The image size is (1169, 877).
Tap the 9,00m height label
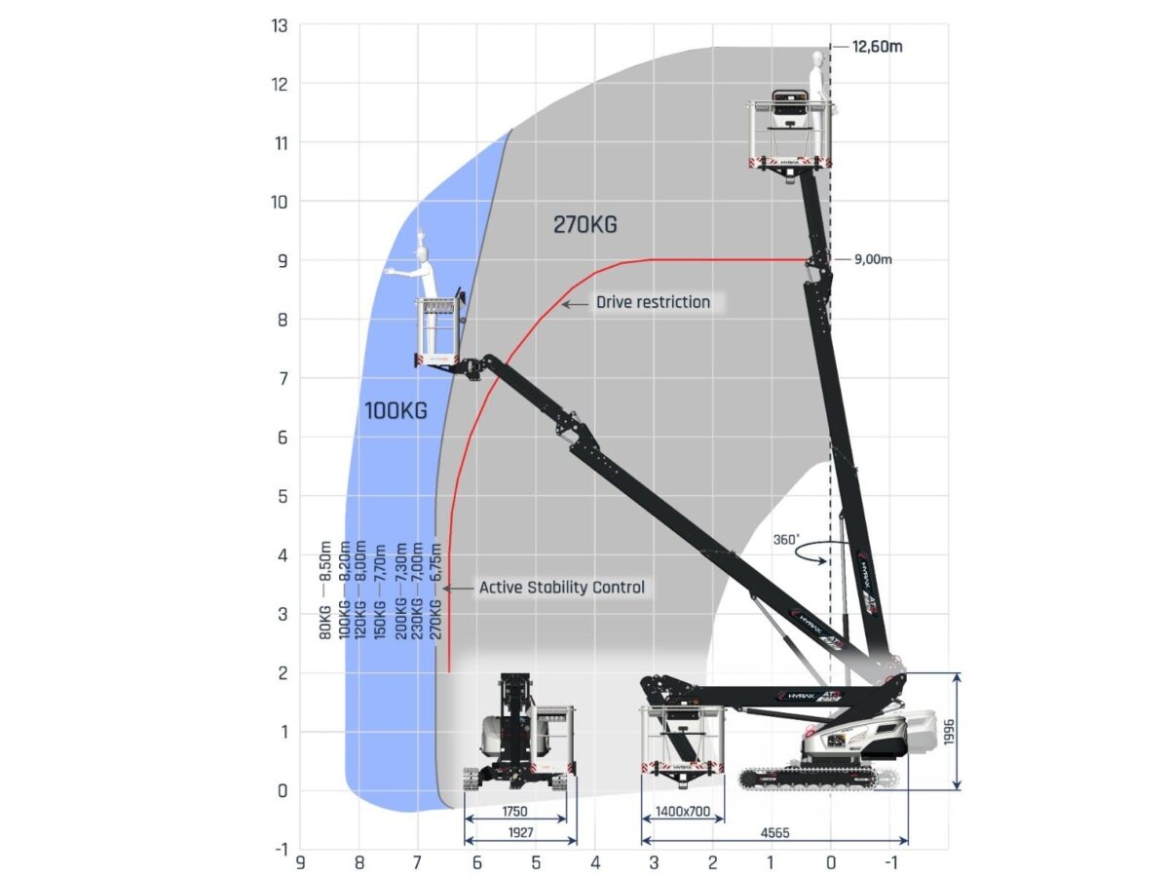(872, 259)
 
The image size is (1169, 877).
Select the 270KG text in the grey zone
(584, 225)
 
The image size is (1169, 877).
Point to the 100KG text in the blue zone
(396, 410)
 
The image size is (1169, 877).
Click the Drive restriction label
(653, 302)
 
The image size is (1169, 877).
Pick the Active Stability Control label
(562, 588)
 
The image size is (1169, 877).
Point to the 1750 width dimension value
(515, 812)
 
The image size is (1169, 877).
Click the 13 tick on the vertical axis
(280, 25)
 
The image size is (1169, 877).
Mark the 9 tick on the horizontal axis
(300, 862)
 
